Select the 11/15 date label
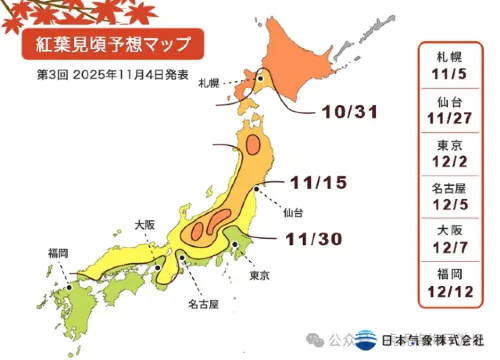point(319,183)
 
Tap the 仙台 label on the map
point(293,213)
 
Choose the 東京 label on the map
point(258,275)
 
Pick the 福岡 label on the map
point(58,253)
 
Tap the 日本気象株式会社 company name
point(434,340)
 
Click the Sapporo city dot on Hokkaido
point(260,78)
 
